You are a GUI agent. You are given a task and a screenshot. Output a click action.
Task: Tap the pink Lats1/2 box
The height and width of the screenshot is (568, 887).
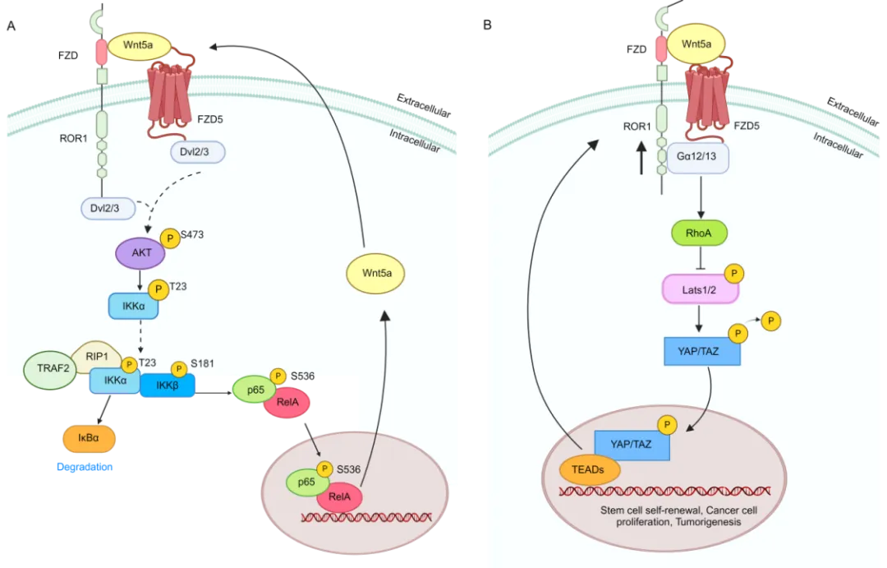coord(700,289)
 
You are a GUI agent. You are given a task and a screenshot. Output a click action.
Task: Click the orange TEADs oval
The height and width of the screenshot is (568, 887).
coord(582,469)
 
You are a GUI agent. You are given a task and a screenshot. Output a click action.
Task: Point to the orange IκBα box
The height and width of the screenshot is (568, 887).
coord(89,439)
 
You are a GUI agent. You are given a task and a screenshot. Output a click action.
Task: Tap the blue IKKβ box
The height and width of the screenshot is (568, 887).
coord(167,384)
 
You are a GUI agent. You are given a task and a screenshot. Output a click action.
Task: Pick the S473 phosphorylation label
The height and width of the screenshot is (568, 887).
coord(192,235)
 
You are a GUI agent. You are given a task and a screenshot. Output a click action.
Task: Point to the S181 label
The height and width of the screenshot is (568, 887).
coord(202,363)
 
